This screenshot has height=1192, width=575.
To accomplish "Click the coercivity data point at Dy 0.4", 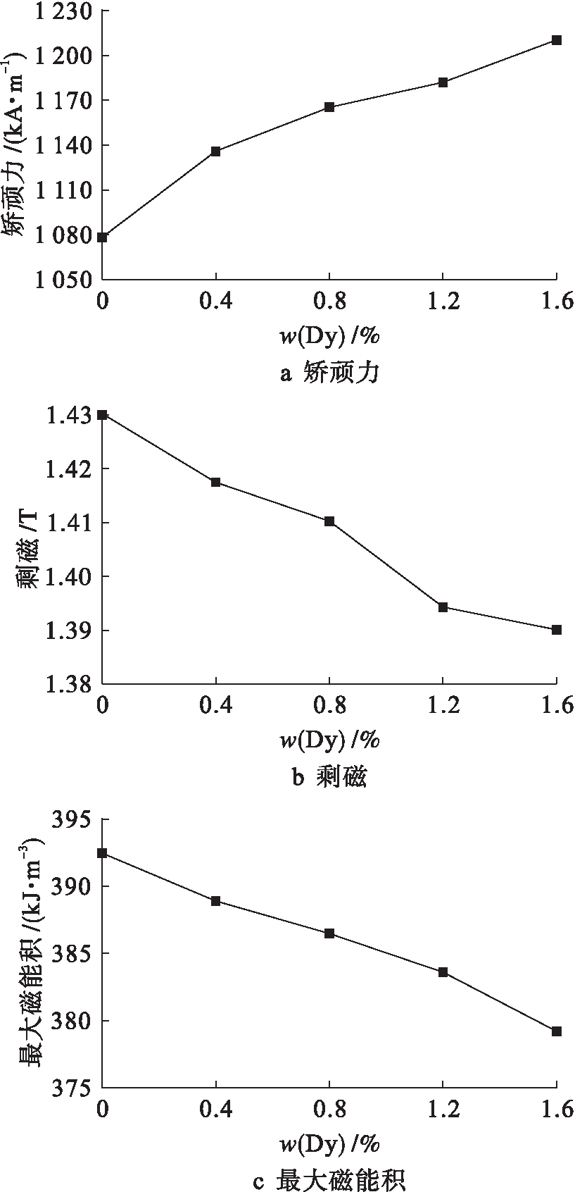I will pos(216,151).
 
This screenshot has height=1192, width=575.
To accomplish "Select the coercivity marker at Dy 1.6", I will pos(557,40).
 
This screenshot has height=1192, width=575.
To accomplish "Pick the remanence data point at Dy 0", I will pos(103,415).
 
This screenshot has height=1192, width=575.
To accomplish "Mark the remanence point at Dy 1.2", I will pos(443,607).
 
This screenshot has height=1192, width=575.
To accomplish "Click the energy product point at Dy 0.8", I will pos(329,933).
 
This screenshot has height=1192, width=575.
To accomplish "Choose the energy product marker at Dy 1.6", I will pos(557,1031).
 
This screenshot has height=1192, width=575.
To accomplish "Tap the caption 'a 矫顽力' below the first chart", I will pos(329,373).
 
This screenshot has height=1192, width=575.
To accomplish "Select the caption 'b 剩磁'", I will pos(329,777).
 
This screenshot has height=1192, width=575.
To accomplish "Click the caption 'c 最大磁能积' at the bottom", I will pos(329,1180).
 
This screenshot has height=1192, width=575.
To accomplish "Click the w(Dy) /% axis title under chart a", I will pos(329,337).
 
